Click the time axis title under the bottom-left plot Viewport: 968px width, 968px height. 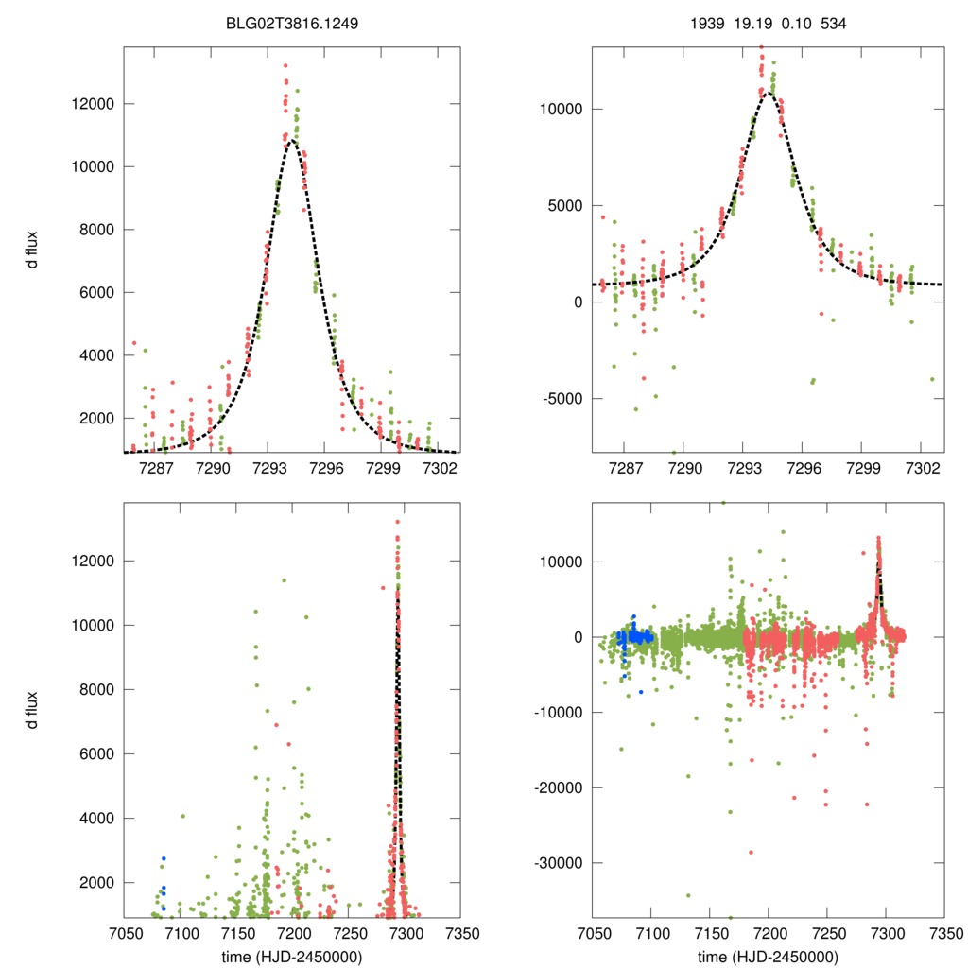point(291,955)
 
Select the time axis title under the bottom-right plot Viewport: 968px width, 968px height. point(768,955)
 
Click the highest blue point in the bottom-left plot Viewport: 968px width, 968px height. point(164,858)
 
